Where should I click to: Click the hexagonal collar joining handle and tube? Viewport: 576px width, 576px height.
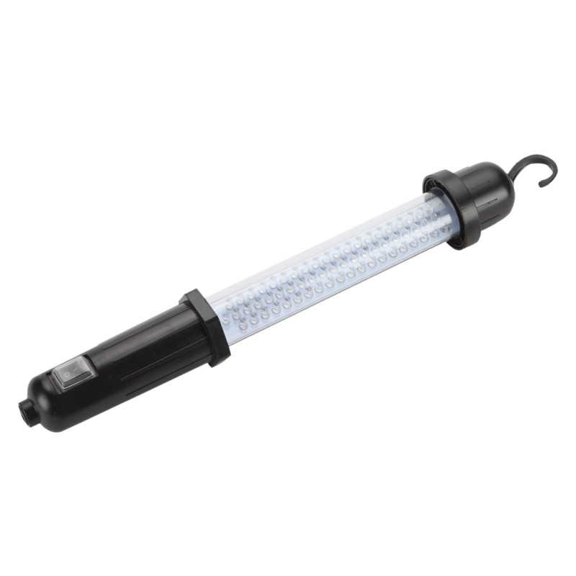206,325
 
